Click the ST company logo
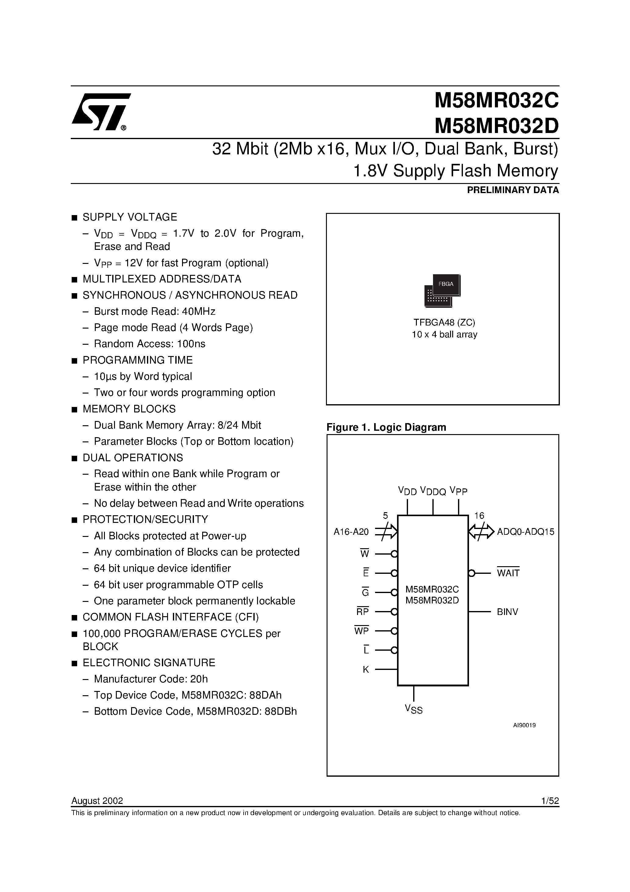(x=100, y=112)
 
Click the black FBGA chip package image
(x=442, y=291)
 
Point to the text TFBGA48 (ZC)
(x=444, y=322)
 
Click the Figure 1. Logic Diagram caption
(x=386, y=427)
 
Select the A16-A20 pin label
(x=351, y=531)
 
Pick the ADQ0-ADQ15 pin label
(x=525, y=531)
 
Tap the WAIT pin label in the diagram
(x=508, y=573)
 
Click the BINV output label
(x=507, y=612)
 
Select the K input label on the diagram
(x=366, y=669)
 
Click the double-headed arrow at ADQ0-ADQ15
(x=481, y=531)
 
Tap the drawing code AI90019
(x=524, y=725)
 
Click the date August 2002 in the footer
(x=97, y=801)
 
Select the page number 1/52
(x=549, y=801)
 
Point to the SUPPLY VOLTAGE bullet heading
(x=130, y=217)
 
